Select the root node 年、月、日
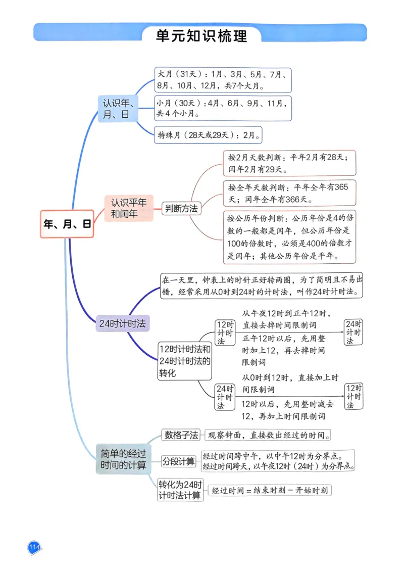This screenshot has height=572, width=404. point(67,224)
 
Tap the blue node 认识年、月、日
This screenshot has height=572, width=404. point(118,109)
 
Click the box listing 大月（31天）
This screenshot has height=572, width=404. point(222,80)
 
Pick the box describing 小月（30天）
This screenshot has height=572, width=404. point(222,108)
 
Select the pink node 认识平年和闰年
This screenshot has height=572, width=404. point(129,208)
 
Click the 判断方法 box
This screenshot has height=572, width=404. point(181,208)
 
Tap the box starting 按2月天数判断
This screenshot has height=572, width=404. point(289,163)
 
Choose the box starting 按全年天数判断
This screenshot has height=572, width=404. point(289,193)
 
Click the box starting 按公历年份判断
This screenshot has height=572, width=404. point(289,237)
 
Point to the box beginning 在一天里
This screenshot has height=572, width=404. point(262,286)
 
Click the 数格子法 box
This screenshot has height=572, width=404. point(181,435)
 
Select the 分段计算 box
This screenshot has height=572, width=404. point(179,461)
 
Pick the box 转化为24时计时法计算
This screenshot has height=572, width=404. point(180,489)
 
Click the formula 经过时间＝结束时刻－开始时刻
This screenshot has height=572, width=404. point(270,490)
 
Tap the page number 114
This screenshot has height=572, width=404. point(34,547)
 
